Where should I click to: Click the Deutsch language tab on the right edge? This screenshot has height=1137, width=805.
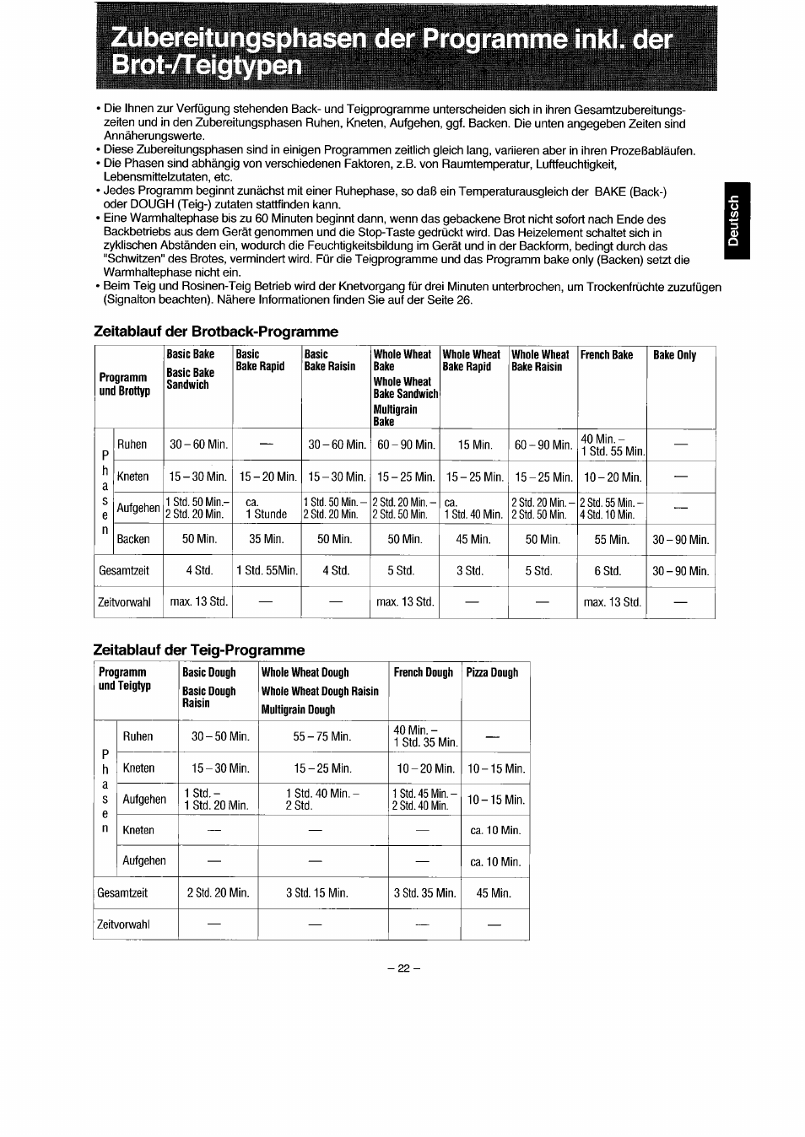(735, 221)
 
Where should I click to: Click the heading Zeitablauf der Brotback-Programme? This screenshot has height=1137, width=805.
(215, 331)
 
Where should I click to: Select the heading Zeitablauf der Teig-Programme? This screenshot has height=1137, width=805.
(198, 649)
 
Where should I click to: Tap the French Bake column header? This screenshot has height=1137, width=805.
(606, 355)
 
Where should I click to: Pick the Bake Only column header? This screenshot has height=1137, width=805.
(674, 355)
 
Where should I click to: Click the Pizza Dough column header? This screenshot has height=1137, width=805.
(492, 672)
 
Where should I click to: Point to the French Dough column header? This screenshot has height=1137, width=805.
(423, 672)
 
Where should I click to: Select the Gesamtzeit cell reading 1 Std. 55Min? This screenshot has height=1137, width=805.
(267, 571)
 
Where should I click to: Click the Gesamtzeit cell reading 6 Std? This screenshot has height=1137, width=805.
(608, 571)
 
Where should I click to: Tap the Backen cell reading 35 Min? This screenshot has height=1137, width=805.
(267, 539)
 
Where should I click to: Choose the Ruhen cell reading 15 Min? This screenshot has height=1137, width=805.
(474, 445)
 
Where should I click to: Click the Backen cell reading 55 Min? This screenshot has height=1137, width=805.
(612, 539)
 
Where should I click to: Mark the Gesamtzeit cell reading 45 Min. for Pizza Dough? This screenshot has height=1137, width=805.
(494, 892)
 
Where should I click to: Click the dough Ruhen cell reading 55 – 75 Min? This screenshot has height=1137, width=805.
(321, 736)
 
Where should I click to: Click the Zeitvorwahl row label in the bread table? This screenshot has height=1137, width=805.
(125, 602)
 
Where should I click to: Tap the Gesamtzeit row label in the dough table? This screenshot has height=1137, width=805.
(122, 892)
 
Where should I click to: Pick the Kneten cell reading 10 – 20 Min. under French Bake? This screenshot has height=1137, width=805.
(612, 477)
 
